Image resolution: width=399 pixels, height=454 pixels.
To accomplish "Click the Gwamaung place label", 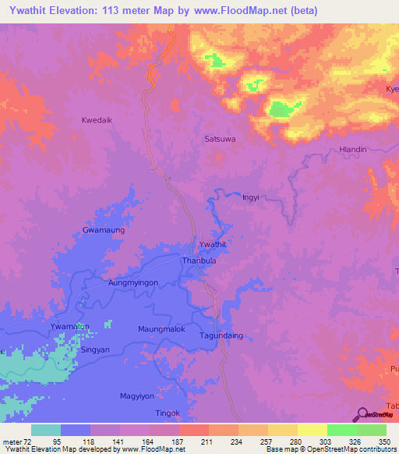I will pos(104,230).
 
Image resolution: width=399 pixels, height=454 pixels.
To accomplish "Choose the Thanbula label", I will pos(199,261).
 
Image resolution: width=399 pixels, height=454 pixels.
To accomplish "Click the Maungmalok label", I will pos(161,329).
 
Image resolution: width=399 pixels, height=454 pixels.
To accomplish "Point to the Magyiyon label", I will pos(140,396).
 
